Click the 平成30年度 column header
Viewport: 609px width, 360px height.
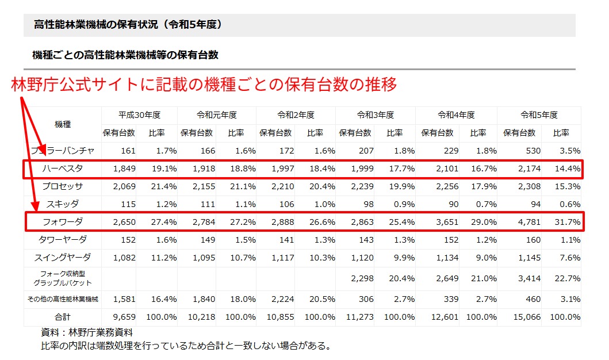pyautogui.click(x=139, y=115)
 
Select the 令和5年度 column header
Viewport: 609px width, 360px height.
pyautogui.click(x=539, y=115)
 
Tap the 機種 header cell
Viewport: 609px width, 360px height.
pyautogui.click(x=63, y=124)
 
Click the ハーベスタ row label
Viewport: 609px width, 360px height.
pyautogui.click(x=63, y=169)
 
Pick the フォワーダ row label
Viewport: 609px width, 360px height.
pyautogui.click(x=63, y=222)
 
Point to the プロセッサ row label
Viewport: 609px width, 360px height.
pyautogui.click(x=63, y=186)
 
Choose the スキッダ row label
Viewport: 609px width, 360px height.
pyautogui.click(x=63, y=204)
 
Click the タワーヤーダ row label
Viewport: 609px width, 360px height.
pyautogui.click(x=63, y=240)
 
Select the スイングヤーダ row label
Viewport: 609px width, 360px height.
pyautogui.click(x=63, y=258)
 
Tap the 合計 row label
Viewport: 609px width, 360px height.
pyautogui.click(x=63, y=317)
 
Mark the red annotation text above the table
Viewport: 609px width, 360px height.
pyautogui.click(x=204, y=85)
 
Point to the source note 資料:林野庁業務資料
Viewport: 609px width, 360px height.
pyautogui.click(x=87, y=332)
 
